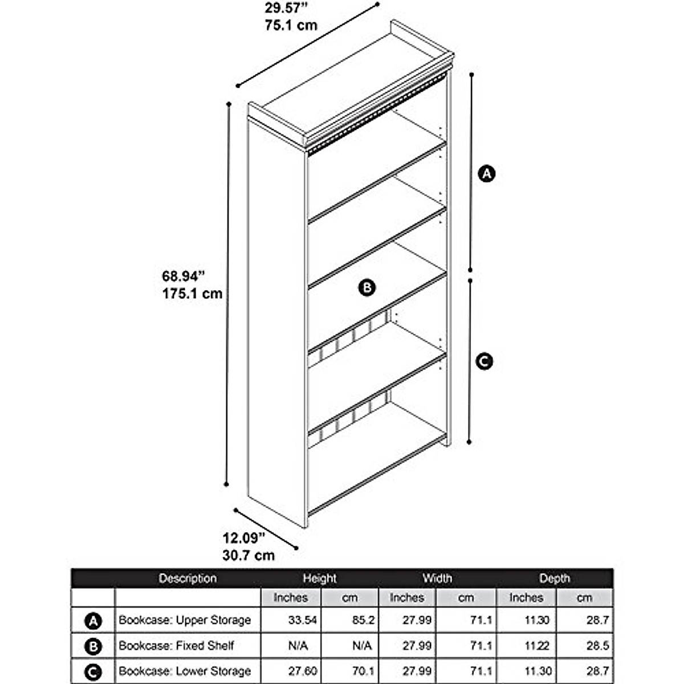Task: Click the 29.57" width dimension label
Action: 286,9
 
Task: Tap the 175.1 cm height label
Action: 192,294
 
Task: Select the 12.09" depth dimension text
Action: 244,538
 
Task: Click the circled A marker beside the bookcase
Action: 486,173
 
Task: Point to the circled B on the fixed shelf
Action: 367,287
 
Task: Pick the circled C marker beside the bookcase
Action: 484,361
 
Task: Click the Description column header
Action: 188,578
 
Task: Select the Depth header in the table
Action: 554,578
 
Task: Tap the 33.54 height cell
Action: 303,620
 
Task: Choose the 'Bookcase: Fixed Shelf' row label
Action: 176,646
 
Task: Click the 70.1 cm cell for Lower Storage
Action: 363,671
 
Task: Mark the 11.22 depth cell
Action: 537,646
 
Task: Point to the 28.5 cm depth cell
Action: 597,646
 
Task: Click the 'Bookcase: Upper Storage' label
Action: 185,620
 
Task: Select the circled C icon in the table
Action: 93,672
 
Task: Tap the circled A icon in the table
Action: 93,621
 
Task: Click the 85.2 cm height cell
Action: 363,620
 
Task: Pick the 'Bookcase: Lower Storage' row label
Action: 185,671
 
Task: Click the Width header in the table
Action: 437,578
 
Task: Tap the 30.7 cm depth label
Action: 249,555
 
